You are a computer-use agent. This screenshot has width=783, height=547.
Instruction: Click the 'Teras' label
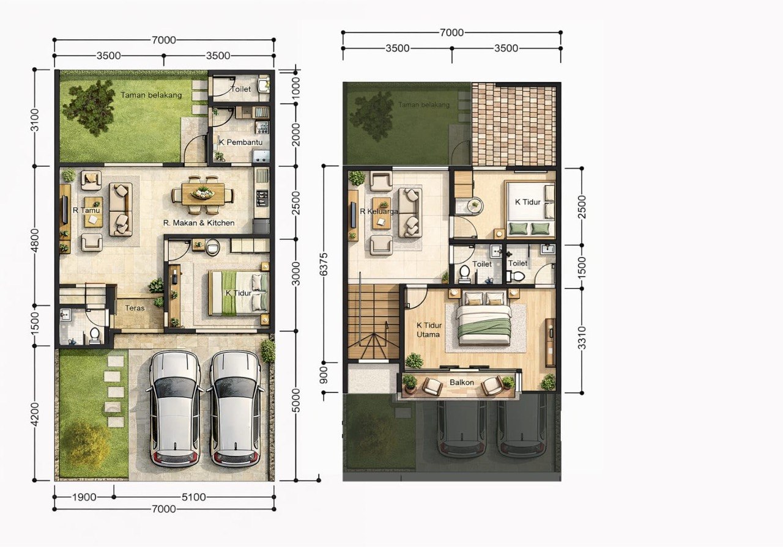[135, 308]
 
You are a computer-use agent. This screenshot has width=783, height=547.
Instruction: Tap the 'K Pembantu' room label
[240, 142]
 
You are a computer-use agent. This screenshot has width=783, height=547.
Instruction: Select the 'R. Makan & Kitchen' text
[199, 223]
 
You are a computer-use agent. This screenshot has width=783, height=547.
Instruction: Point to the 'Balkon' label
[462, 382]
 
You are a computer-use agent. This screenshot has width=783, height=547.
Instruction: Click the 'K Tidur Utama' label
[429, 330]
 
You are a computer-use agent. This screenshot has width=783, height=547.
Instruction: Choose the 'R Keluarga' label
[379, 211]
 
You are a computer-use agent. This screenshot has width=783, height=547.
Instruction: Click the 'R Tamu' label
[86, 210]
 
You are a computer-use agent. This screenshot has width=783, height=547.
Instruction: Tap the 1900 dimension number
[84, 497]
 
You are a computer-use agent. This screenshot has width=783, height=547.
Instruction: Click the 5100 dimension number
[194, 497]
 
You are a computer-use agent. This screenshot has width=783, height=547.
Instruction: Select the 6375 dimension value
[324, 265]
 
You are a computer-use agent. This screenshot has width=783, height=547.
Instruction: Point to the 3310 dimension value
[582, 338]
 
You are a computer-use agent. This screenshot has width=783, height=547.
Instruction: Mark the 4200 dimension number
[35, 414]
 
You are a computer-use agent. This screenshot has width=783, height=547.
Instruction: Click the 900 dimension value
[324, 375]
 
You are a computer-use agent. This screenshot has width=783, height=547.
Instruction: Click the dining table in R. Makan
[203, 194]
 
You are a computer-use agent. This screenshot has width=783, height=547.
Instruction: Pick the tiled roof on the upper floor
[514, 124]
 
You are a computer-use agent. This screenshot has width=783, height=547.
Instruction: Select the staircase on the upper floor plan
[374, 321]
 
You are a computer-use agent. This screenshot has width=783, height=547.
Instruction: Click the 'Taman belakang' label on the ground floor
[151, 95]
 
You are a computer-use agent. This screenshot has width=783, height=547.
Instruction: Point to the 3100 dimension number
[35, 120]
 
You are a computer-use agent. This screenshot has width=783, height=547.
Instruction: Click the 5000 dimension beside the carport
[295, 400]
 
